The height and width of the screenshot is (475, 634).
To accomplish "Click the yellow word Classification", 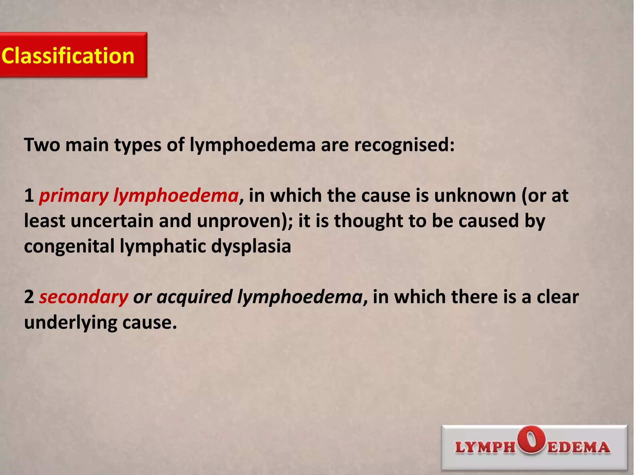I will tap(68, 56).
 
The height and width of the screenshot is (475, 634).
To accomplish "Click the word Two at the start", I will tap(42, 145).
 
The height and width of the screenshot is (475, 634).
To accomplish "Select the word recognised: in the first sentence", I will tap(404, 145).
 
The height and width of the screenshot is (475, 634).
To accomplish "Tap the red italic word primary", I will tap(74, 196).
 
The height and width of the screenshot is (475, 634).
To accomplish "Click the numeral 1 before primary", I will tap(29, 196).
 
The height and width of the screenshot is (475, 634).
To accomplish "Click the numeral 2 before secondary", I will tap(29, 297).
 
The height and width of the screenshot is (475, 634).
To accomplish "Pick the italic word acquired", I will tap(194, 297).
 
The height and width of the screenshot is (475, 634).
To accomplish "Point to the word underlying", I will tap(70, 322).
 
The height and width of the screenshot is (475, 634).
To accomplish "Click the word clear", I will tap(558, 297).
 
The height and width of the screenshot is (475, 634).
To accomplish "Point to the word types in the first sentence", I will tap(138, 145).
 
